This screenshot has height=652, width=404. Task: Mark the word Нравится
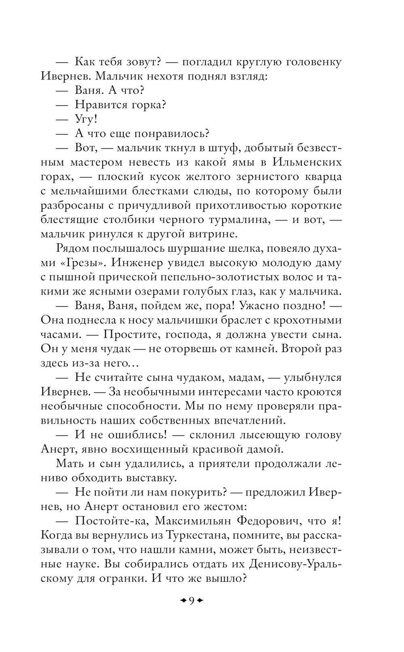[x=100, y=105]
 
